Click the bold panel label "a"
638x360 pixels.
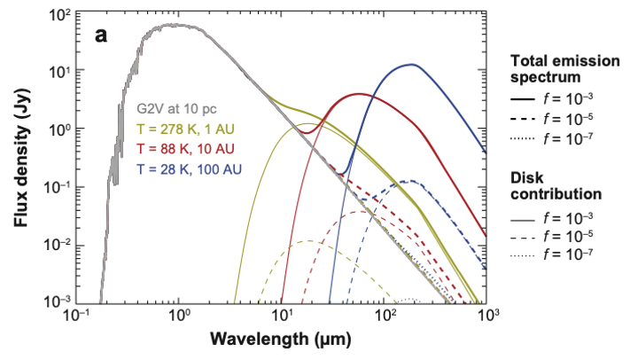103,36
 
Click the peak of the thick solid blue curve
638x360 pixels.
412,64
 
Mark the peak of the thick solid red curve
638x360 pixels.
360,94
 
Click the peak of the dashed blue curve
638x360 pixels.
409,182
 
